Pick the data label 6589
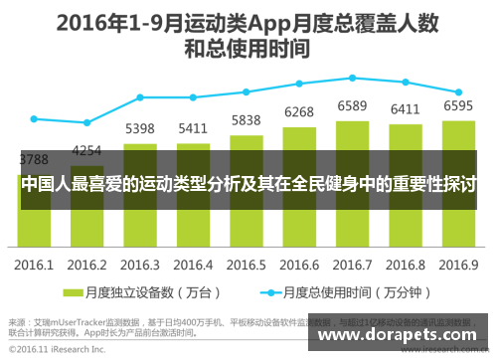coord(353,106)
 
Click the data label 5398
coord(140,128)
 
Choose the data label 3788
coord(34,159)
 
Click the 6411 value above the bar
coord(406,109)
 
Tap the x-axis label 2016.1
coord(34,265)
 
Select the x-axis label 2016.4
coord(193,265)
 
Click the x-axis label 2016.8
coord(406,265)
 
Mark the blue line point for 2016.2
coord(87,122)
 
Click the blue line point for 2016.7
coord(353,78)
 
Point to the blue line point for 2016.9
coord(458,90)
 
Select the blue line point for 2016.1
coord(34,118)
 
